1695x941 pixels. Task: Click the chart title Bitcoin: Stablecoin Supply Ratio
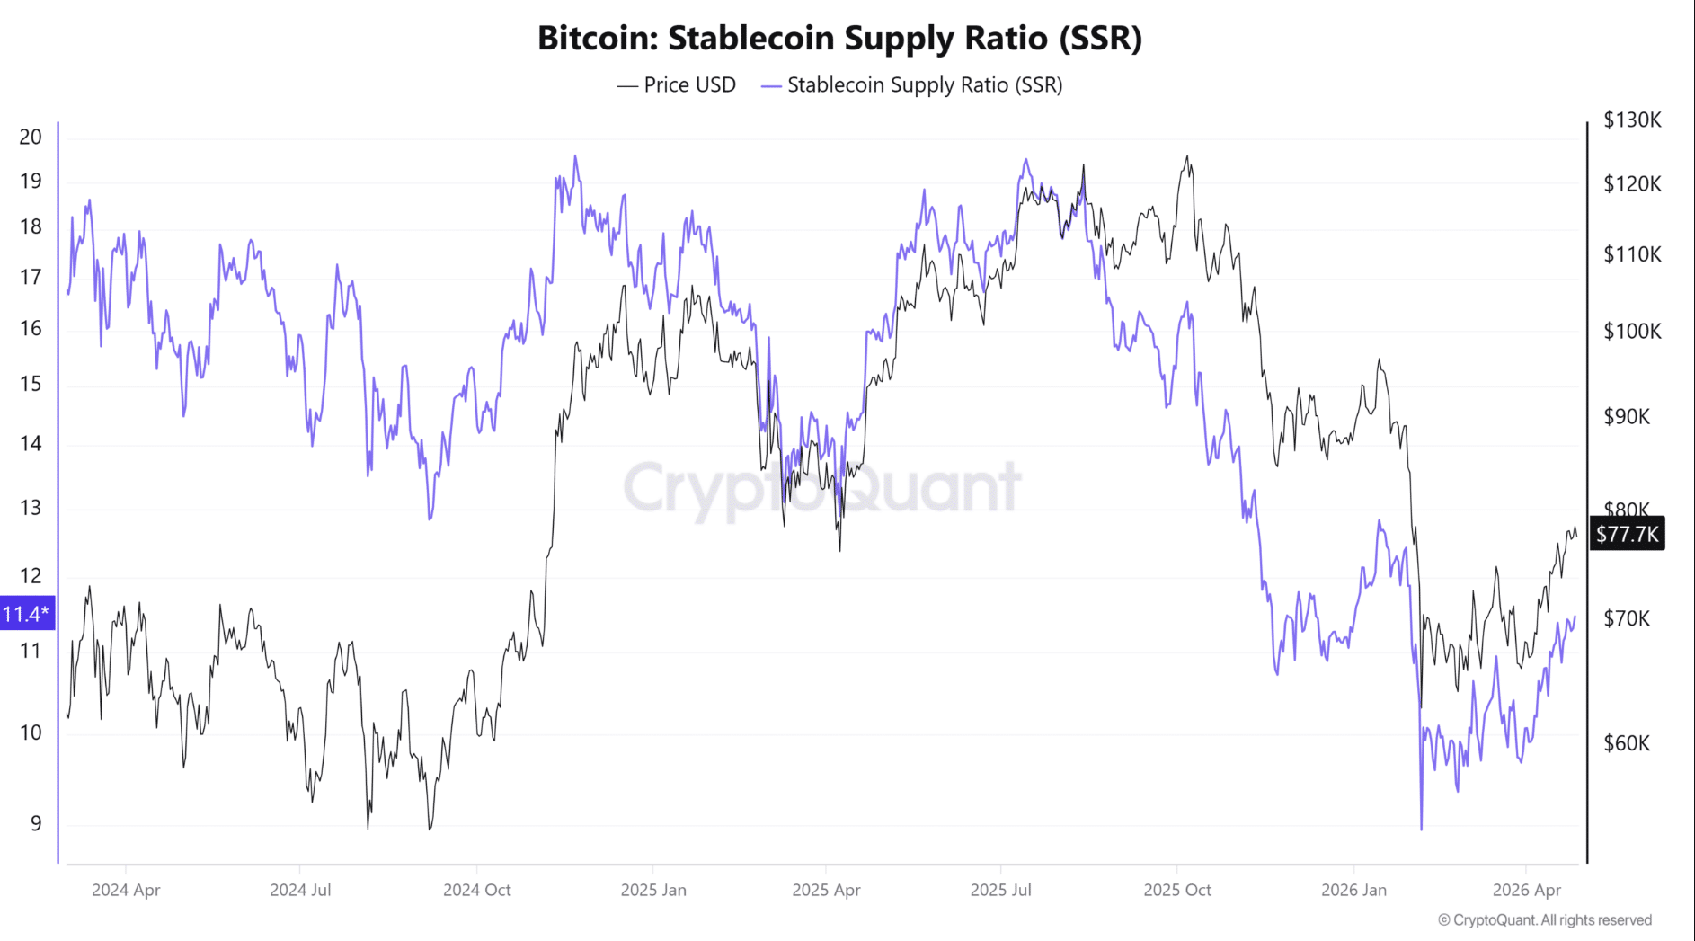[839, 38]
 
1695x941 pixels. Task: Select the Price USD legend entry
[677, 85]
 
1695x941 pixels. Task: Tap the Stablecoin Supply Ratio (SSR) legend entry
[912, 85]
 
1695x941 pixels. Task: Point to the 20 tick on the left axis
[31, 138]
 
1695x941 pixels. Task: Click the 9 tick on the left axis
[36, 823]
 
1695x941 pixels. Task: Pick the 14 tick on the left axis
[31, 443]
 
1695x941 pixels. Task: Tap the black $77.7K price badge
[1627, 534]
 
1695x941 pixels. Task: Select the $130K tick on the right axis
[1632, 120]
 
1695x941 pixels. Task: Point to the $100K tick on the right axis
[1632, 332]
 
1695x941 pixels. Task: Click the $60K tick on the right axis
[1627, 743]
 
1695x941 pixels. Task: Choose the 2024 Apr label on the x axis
[126, 890]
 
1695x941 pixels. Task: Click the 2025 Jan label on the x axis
[653, 890]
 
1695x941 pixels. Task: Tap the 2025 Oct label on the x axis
[1176, 890]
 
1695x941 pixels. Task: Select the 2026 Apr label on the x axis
[1526, 890]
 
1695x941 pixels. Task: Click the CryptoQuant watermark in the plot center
[822, 488]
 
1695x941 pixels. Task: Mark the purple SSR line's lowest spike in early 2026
[1421, 828]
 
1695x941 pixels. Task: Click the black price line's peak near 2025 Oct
[1187, 157]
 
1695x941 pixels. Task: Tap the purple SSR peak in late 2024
[575, 157]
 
